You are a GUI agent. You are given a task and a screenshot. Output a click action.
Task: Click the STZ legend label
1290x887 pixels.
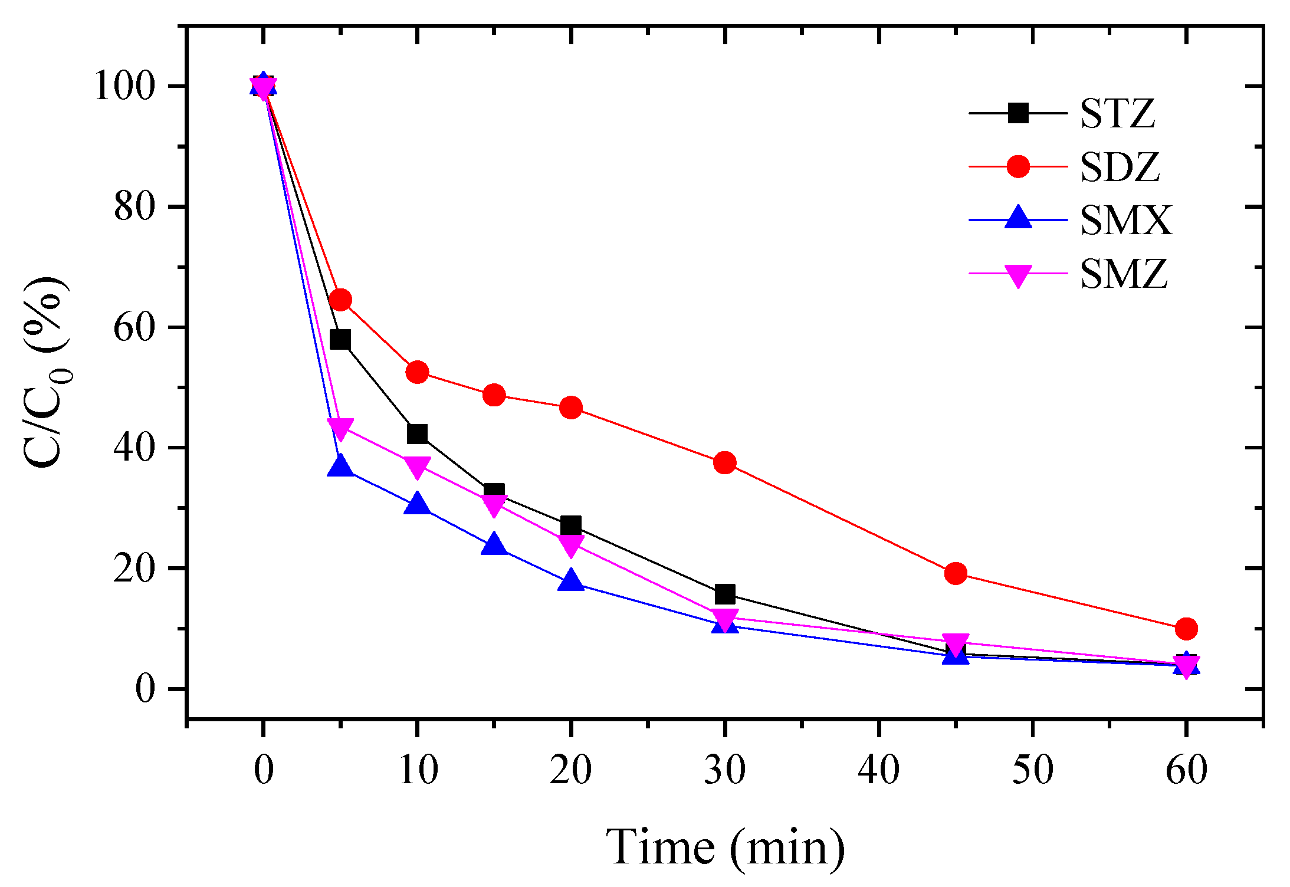tap(1117, 113)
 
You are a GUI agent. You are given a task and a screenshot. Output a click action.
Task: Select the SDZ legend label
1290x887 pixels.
tap(1120, 167)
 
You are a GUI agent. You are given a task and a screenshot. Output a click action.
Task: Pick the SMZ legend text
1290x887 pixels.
tap(1123, 274)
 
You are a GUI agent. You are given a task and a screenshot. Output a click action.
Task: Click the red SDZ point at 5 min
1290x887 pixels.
tap(340, 300)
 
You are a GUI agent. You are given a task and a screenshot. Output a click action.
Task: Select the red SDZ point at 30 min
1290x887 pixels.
tap(724, 462)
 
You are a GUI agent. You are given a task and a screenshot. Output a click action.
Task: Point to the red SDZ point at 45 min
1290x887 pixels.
tap(956, 573)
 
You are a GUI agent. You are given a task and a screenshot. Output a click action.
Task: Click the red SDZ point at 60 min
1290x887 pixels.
tap(1186, 629)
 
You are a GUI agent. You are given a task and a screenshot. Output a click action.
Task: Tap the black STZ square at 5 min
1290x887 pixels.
tap(340, 340)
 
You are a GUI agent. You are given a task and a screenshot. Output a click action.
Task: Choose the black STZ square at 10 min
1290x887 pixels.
tap(417, 433)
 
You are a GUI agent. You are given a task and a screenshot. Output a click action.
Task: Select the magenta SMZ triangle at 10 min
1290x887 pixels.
tap(417, 467)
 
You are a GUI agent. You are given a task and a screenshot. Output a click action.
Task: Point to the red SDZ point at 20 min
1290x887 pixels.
tap(571, 407)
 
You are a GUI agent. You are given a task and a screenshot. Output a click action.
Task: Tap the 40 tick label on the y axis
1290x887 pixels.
tap(134, 448)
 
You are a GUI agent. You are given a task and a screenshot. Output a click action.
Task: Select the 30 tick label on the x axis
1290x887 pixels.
tap(724, 770)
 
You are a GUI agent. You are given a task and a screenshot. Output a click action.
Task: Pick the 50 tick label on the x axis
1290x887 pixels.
tap(1032, 770)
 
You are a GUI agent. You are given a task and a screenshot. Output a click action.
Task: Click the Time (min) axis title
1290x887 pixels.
tap(725, 847)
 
